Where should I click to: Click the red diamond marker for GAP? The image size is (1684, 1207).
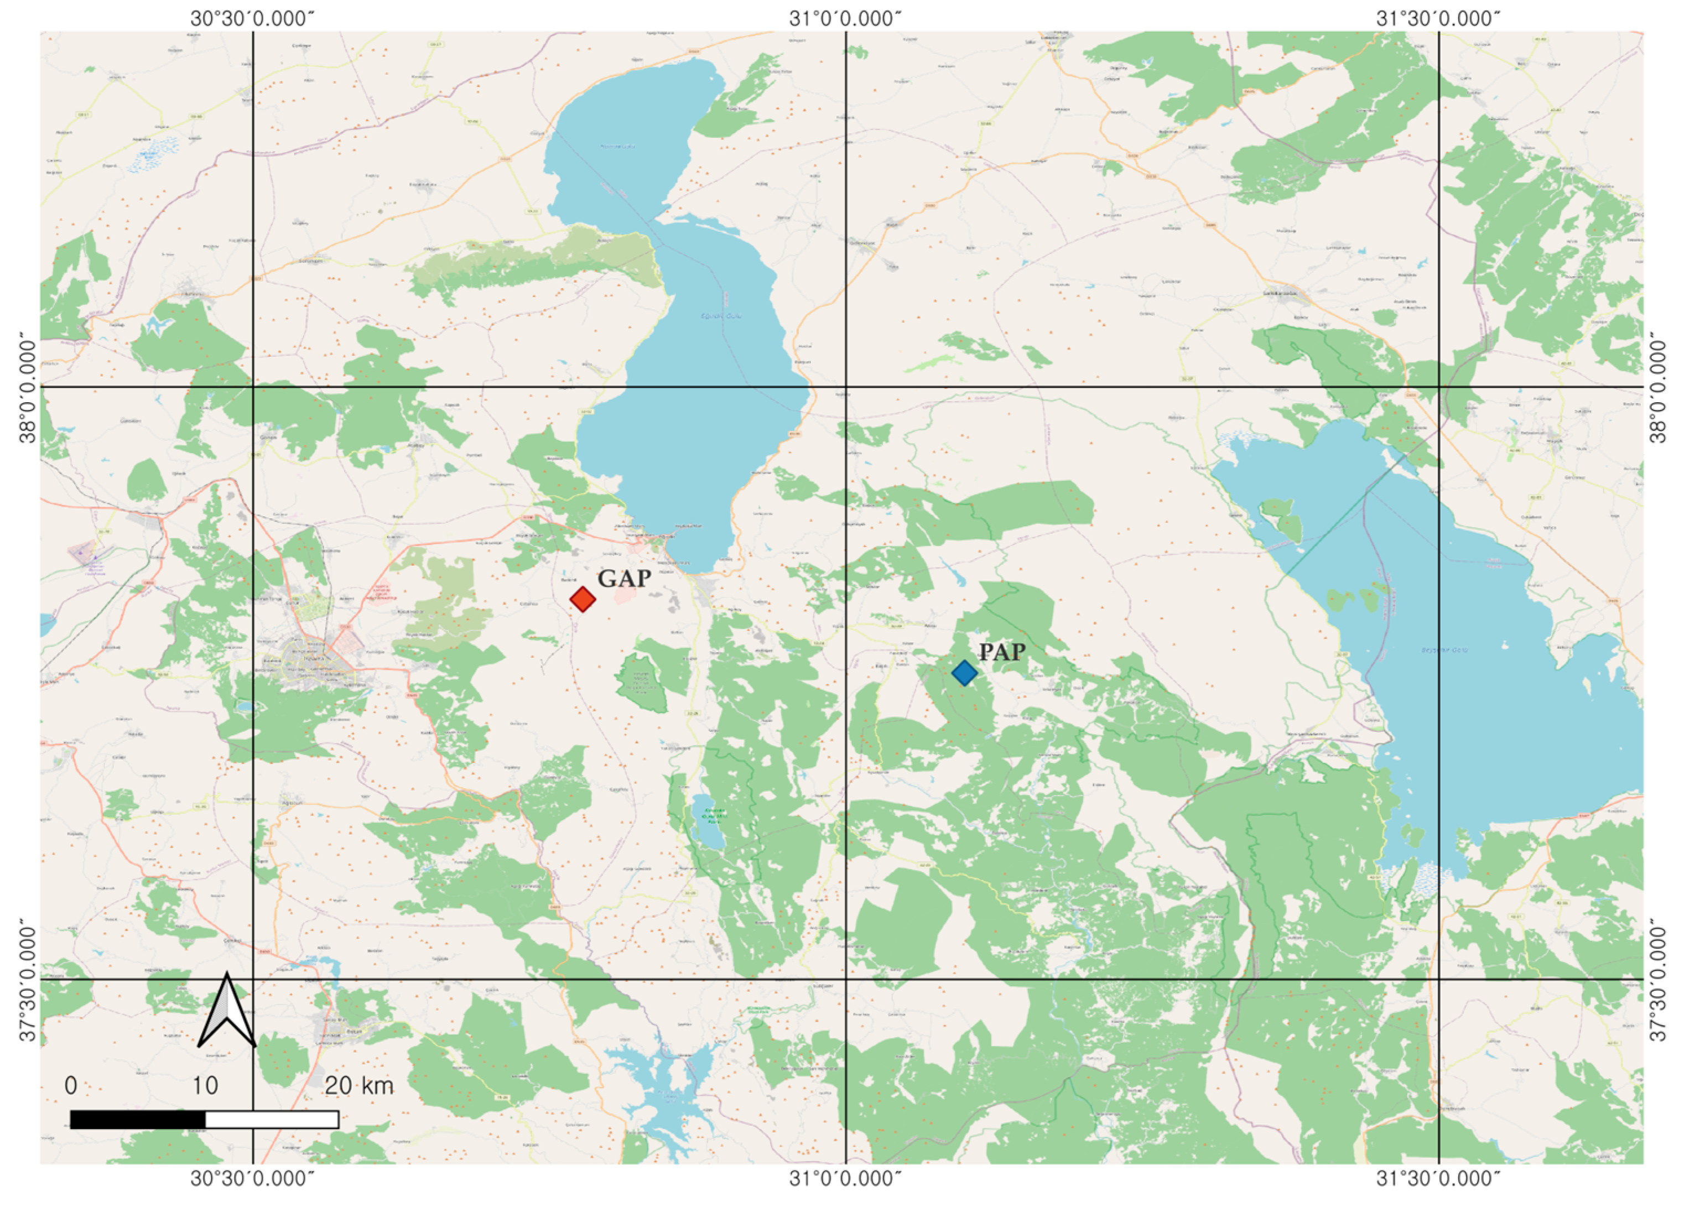(583, 599)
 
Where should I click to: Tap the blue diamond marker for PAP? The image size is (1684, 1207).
(964, 673)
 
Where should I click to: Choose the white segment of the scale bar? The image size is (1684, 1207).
(272, 1120)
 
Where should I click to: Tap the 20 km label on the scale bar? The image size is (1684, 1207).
(358, 1086)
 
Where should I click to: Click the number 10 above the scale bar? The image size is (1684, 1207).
(205, 1086)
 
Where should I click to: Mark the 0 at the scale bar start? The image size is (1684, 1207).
(71, 1086)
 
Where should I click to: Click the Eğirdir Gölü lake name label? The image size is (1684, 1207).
(721, 315)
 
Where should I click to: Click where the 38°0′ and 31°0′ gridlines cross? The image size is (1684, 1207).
(846, 387)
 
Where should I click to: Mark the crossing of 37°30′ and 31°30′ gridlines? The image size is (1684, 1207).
(1439, 979)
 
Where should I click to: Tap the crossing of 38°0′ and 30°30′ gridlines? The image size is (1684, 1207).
(253, 387)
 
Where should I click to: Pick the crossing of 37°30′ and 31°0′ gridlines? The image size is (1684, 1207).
(846, 979)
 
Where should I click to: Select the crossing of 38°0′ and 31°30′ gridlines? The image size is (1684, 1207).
(1439, 387)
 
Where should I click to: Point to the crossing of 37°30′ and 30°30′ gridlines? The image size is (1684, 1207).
(253, 979)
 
